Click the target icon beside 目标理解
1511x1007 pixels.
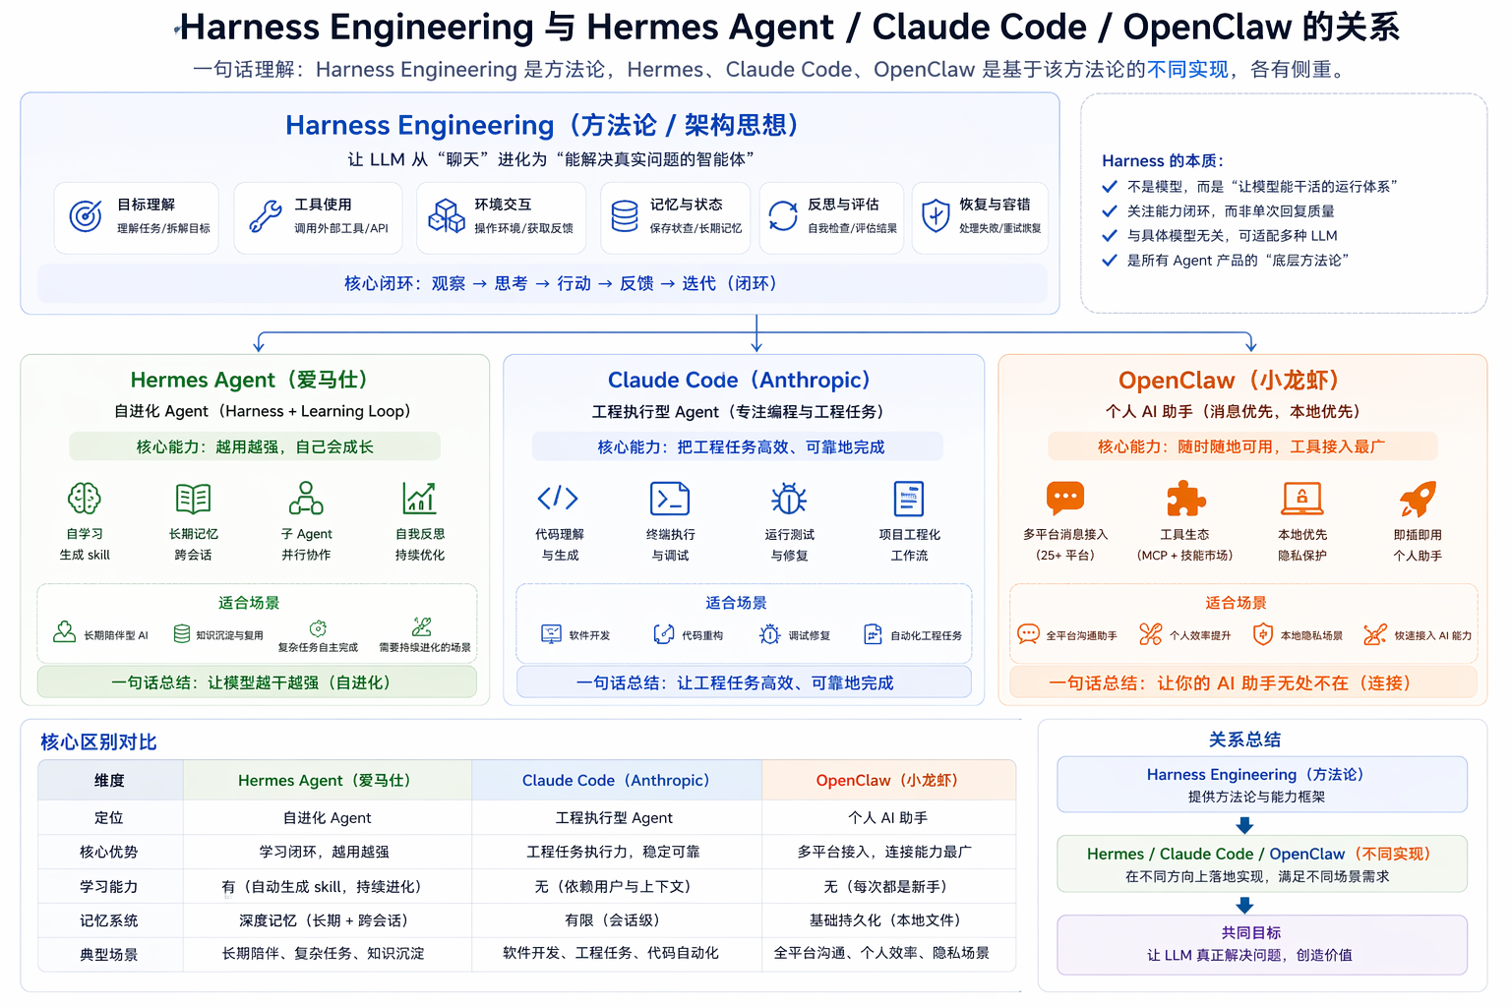[x=86, y=216]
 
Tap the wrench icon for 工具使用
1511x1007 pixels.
[x=265, y=216]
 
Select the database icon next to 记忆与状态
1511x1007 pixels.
[x=625, y=216]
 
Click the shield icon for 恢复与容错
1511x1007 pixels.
[x=935, y=215]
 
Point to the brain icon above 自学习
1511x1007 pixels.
[x=84, y=499]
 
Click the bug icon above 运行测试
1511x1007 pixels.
[x=789, y=499]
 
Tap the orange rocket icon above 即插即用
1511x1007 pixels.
[x=1418, y=499]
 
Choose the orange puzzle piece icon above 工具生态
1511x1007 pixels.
[x=1185, y=499]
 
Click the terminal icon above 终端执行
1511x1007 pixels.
[x=670, y=499]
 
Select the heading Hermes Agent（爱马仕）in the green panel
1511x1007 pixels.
[x=249, y=381]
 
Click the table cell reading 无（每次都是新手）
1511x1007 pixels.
[x=887, y=886]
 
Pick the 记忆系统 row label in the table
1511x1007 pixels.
[x=109, y=920]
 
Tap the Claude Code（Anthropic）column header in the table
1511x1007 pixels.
[x=616, y=780]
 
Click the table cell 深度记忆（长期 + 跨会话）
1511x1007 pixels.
[x=324, y=920]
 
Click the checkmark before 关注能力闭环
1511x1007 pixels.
[x=1110, y=210]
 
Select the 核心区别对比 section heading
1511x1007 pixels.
[x=98, y=741]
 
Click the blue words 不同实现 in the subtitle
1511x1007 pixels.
[x=1187, y=70]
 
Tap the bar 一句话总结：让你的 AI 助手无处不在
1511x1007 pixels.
[x=1230, y=682]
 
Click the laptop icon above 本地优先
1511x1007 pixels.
[x=1301, y=499]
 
